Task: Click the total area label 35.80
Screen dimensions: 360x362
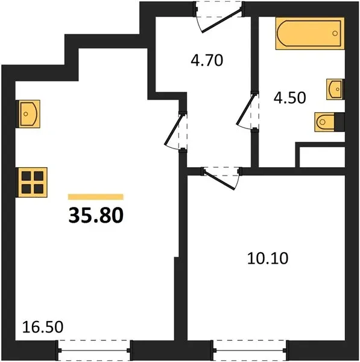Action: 96,215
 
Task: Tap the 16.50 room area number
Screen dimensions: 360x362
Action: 43,327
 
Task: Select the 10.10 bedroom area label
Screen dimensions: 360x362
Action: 268,258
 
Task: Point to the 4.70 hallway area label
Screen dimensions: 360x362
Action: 207,60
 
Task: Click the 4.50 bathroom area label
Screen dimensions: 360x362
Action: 290,97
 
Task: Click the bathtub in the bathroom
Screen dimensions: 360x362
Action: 310,33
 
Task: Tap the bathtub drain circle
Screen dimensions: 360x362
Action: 335,33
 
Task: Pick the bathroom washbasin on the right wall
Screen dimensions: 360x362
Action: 335,89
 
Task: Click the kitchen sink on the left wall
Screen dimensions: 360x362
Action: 28,114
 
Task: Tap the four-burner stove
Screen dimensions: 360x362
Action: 31,182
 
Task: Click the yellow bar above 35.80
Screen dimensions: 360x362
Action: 95,197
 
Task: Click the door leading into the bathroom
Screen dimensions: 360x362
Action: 247,111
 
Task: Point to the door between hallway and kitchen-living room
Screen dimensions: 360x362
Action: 176,131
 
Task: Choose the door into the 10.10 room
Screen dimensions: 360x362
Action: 221,178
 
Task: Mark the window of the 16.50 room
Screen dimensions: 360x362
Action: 95,350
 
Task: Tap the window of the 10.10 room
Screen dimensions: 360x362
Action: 250,350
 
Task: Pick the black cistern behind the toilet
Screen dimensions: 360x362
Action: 339,122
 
